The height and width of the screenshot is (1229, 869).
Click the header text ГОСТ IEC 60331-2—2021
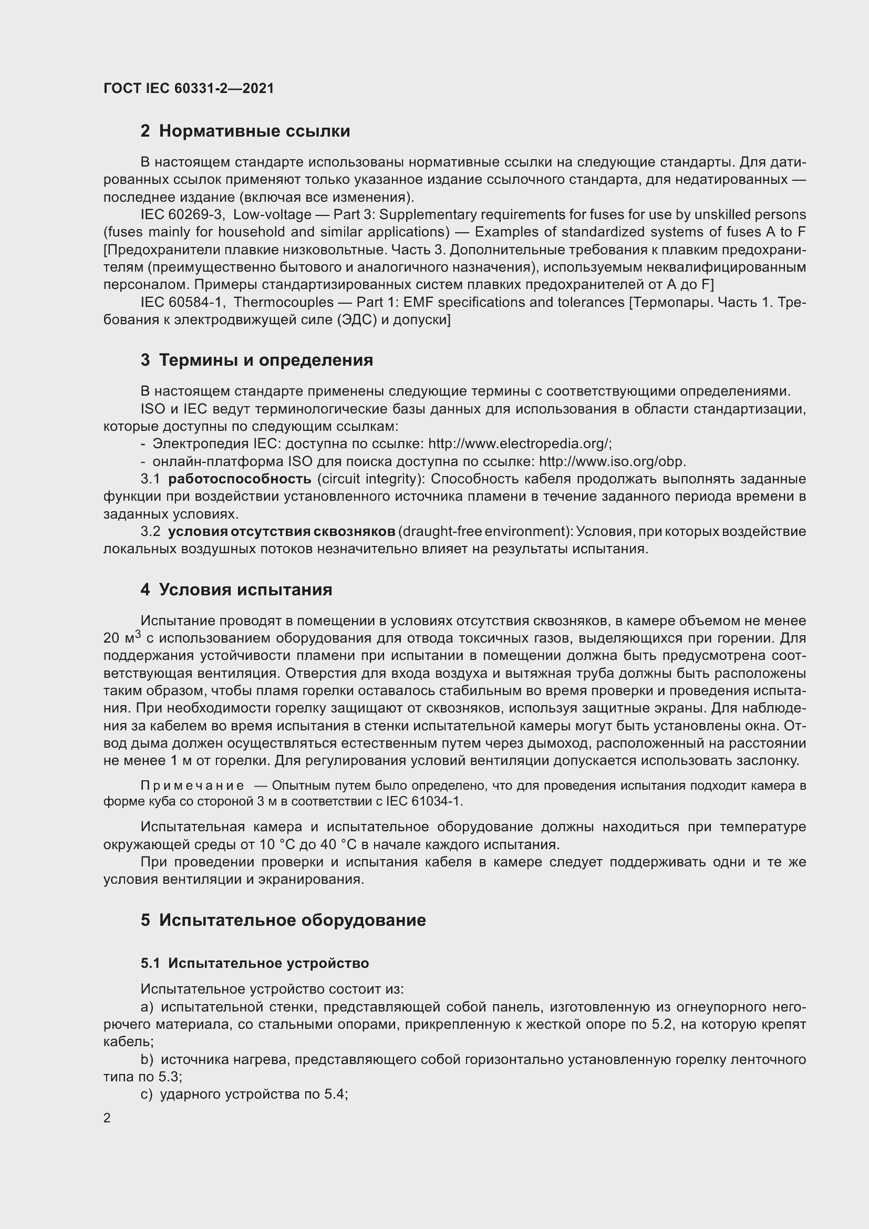pos(189,88)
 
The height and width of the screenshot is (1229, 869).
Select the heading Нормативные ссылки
pos(254,131)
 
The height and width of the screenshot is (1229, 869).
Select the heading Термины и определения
pos(266,360)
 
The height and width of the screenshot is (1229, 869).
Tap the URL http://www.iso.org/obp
pos(612,461)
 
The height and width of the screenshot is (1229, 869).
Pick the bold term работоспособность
pos(239,479)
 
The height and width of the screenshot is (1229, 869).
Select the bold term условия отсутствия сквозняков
pos(282,532)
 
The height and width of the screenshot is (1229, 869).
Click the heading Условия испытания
pos(245,590)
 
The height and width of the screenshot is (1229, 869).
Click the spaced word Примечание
pos(192,786)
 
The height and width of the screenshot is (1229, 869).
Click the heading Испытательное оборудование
pos(292,920)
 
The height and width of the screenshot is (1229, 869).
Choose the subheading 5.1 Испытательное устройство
pos(255,964)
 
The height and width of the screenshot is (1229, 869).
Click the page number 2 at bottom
pos(107,1118)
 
